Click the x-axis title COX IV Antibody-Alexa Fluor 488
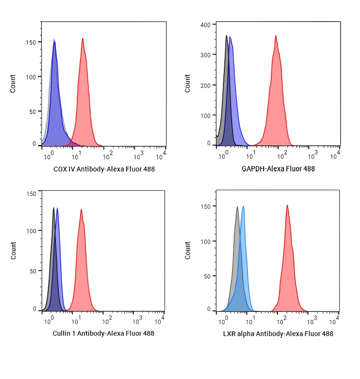[x=103, y=169]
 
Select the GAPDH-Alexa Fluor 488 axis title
[x=278, y=169]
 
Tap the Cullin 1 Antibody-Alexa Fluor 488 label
[x=103, y=333]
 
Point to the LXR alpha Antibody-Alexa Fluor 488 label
[x=278, y=334]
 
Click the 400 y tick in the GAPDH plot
[x=205, y=25]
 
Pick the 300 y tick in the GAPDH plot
[x=205, y=55]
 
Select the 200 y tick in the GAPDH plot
[x=205, y=85]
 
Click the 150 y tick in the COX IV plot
[x=30, y=42]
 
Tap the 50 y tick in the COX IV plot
[x=32, y=112]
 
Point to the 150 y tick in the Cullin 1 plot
[x=31, y=194]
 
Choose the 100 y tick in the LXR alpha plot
[x=205, y=241]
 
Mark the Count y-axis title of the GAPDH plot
[x=188, y=84]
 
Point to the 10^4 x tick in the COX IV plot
[x=161, y=156]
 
